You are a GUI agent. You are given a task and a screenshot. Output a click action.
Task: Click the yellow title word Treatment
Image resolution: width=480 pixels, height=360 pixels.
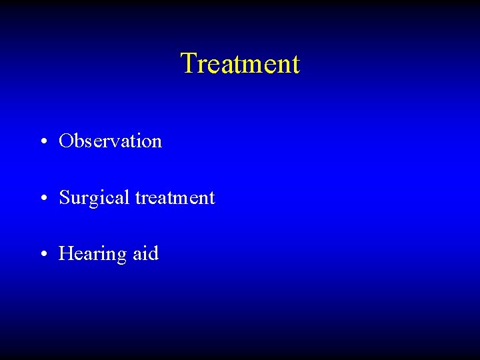240,64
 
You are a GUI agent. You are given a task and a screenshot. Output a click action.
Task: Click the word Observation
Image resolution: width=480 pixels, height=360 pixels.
110,141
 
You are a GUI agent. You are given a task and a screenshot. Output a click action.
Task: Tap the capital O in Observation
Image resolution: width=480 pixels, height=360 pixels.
65,141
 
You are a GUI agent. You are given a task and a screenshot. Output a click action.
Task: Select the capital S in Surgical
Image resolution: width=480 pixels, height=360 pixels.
64,197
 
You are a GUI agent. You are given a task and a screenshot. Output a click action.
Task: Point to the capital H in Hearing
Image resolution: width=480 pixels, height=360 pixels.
65,253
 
